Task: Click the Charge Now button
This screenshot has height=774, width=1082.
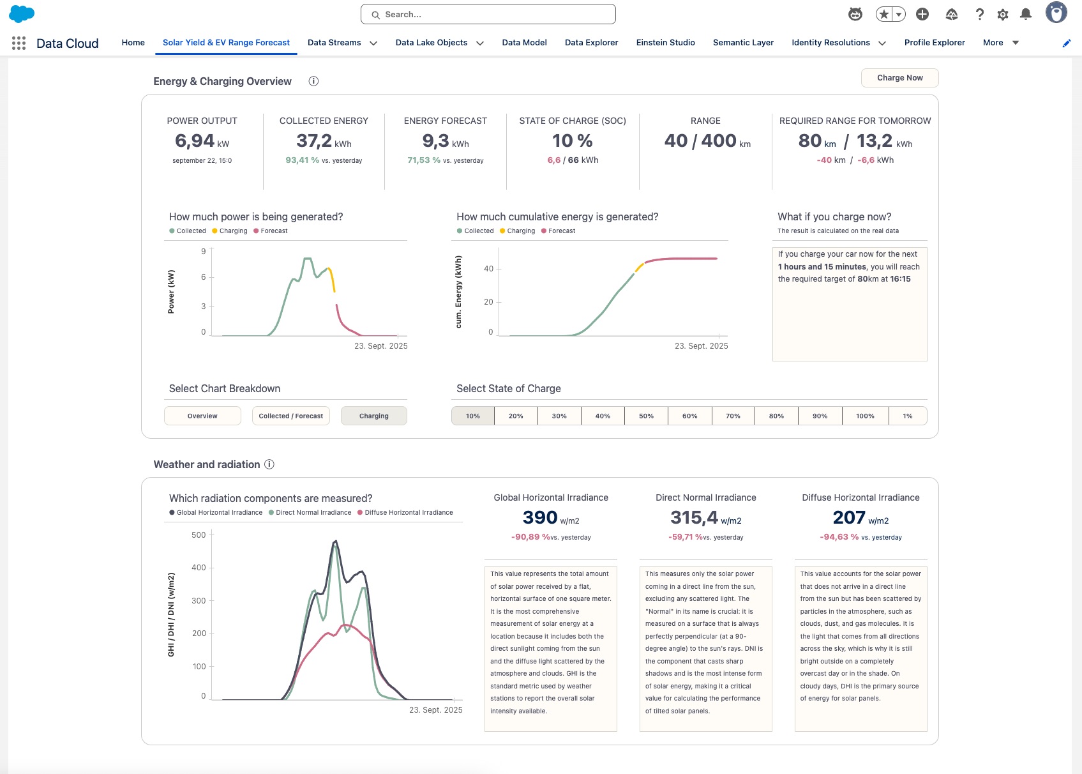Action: (x=899, y=78)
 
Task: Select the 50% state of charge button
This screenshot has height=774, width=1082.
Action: (x=646, y=416)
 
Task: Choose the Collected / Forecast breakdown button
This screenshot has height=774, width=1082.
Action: (x=290, y=416)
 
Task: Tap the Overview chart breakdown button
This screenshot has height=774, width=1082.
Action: (x=202, y=416)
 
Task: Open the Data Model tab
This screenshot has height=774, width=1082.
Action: (x=524, y=43)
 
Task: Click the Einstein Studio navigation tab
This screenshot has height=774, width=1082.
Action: (x=665, y=43)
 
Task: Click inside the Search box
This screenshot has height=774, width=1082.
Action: (x=488, y=14)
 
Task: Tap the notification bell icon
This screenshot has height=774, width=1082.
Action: (x=1026, y=14)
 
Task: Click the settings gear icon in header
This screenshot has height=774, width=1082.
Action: (x=1003, y=14)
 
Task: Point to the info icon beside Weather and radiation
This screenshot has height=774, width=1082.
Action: (x=269, y=464)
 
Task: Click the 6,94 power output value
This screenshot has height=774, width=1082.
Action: (x=195, y=140)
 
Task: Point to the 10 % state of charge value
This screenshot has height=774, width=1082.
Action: (x=572, y=140)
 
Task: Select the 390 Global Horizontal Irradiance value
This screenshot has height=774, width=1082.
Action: (x=540, y=517)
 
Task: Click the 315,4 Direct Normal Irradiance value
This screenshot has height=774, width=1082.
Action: (x=694, y=517)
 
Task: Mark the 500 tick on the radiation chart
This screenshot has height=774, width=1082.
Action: (x=199, y=535)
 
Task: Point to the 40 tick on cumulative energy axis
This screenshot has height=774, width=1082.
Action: (x=488, y=269)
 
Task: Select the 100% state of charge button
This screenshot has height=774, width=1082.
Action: (x=865, y=416)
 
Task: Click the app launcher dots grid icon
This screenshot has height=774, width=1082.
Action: (x=19, y=43)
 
